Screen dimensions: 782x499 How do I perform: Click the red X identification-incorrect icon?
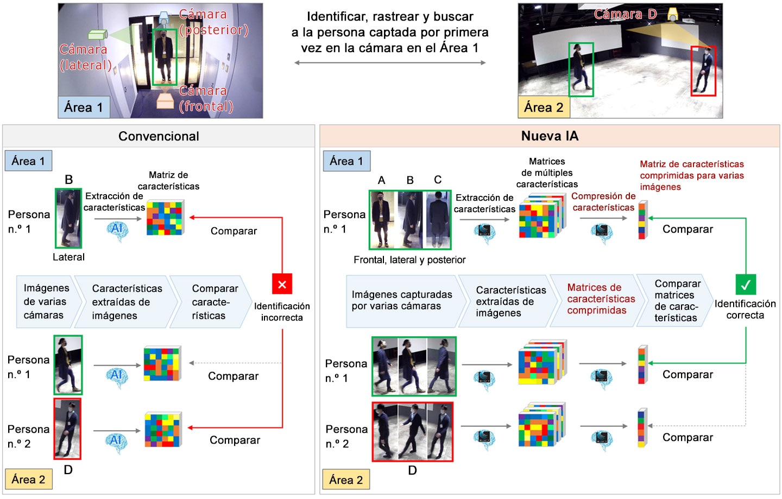click(x=282, y=284)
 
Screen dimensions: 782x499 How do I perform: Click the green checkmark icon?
click(x=746, y=285)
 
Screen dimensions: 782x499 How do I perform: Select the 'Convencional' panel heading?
click(x=159, y=136)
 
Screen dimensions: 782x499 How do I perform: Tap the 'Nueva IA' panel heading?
click(x=550, y=136)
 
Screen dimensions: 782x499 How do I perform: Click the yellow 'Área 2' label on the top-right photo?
click(x=544, y=107)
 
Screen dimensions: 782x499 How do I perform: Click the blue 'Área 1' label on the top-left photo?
click(x=84, y=107)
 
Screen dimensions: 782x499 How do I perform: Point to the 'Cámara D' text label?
click(x=625, y=14)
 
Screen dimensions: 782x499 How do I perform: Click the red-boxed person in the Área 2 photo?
click(x=703, y=71)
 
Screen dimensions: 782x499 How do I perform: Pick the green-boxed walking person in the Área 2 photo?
click(x=581, y=69)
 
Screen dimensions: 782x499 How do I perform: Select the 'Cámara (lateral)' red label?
click(x=85, y=57)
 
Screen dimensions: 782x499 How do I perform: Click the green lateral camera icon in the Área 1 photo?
click(x=98, y=34)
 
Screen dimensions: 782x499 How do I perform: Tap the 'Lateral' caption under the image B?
click(x=68, y=257)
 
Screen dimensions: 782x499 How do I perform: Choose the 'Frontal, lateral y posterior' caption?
click(x=409, y=260)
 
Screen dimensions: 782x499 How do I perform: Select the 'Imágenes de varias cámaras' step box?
click(x=46, y=302)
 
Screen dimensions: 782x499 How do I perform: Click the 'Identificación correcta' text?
click(x=745, y=309)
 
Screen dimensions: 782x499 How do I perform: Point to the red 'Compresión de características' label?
click(x=603, y=202)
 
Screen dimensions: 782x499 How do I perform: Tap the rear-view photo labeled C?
click(x=437, y=220)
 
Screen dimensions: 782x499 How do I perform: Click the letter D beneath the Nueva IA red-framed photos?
click(x=412, y=470)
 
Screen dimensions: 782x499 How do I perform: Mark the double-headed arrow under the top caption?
click(x=390, y=63)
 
